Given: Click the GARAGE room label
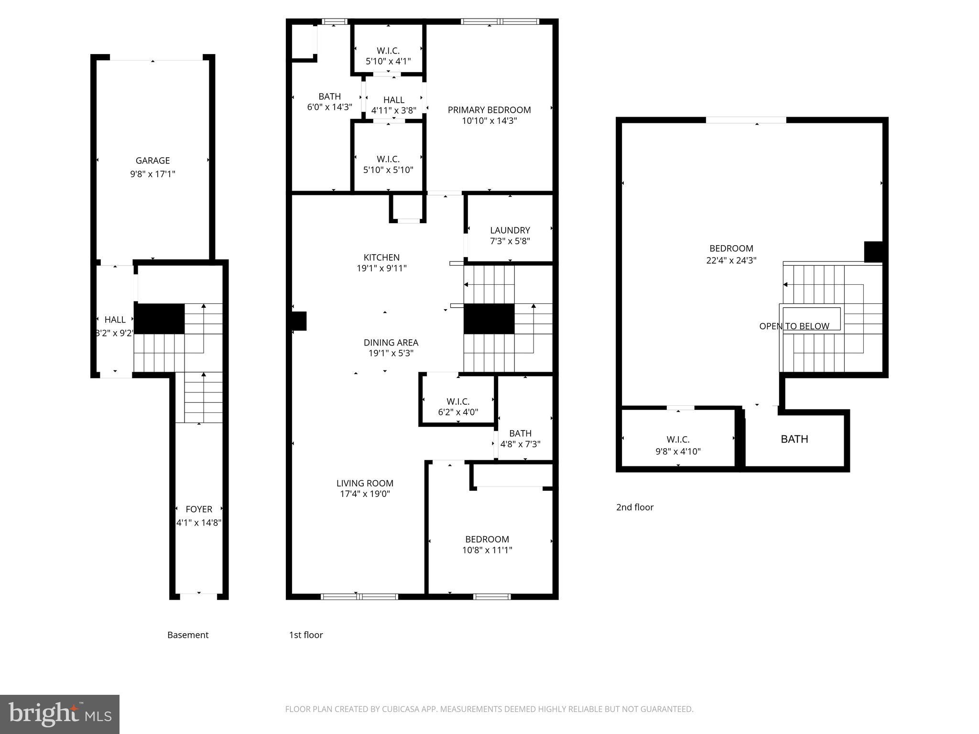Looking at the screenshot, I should (x=152, y=161).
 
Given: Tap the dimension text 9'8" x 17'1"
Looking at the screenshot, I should (x=152, y=174).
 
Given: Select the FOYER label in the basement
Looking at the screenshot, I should (x=199, y=509).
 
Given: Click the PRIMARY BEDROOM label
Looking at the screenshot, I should (x=489, y=110).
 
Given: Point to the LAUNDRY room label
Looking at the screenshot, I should (x=510, y=230).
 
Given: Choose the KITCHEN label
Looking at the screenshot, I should (x=381, y=258).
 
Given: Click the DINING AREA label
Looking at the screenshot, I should (x=391, y=343).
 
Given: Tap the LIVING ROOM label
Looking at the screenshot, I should (x=365, y=483).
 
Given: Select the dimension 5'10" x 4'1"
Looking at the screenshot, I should (x=388, y=61).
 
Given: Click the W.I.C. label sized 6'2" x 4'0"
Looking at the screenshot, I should (x=458, y=401).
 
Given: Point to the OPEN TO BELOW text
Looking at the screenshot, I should (x=794, y=326).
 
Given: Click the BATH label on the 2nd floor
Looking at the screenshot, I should (x=794, y=439).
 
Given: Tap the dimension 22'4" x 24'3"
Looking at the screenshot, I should (x=731, y=260).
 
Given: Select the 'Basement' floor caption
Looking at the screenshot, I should (x=188, y=635).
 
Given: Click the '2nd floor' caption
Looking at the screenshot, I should (x=634, y=507).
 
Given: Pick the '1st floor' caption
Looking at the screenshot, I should (x=306, y=635).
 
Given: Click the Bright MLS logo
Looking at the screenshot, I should (x=60, y=714).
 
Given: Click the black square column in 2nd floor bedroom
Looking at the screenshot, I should (x=873, y=252).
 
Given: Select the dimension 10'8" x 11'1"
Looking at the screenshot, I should (x=487, y=550).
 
